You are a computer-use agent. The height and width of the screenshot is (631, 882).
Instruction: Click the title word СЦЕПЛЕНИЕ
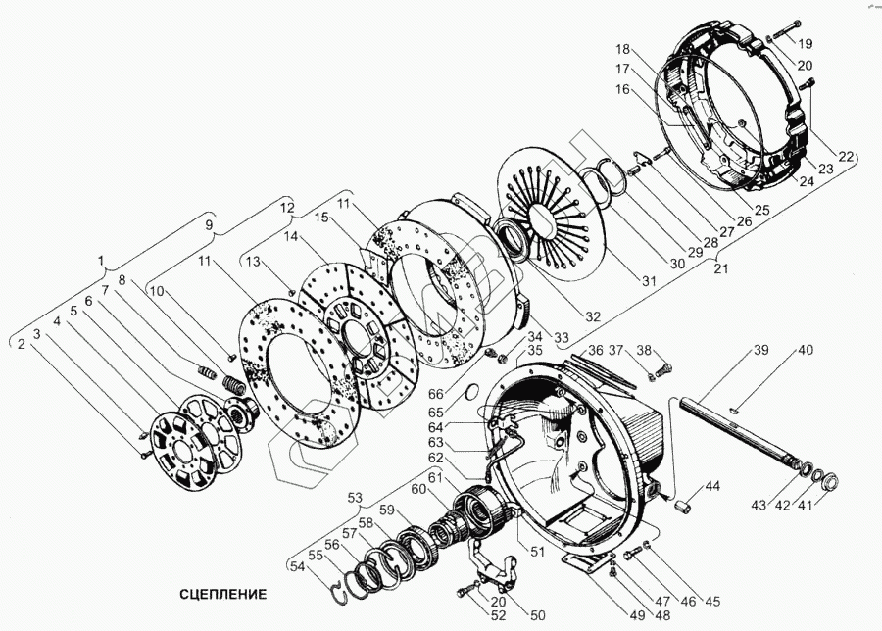pos(222,594)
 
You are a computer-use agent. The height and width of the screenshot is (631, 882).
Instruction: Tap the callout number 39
pos(761,351)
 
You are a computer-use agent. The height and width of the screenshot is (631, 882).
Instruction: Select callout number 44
pos(711,486)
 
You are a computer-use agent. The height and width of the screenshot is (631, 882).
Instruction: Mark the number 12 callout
pos(287,208)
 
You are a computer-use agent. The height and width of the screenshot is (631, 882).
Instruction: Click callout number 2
pos(21,343)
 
